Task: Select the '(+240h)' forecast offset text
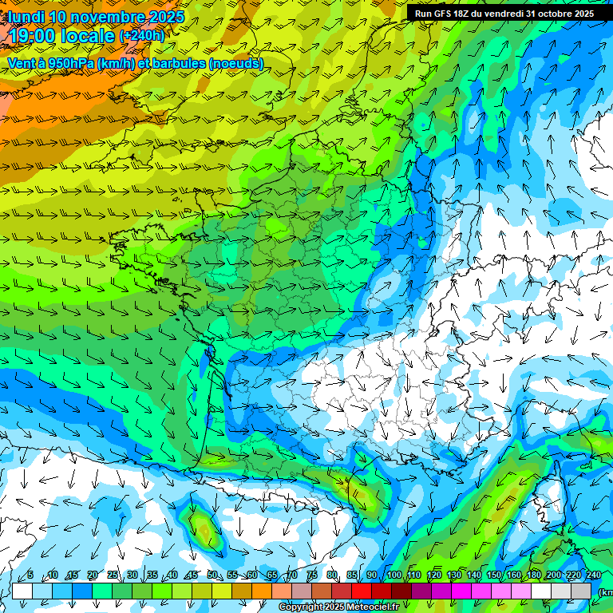tap(141, 35)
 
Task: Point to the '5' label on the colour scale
tap(30, 575)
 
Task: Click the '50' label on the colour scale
tap(212, 575)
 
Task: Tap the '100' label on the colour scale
tap(394, 575)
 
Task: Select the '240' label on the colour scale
tap(593, 575)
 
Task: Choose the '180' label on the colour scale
tap(533, 575)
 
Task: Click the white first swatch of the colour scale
tap(22, 591)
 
